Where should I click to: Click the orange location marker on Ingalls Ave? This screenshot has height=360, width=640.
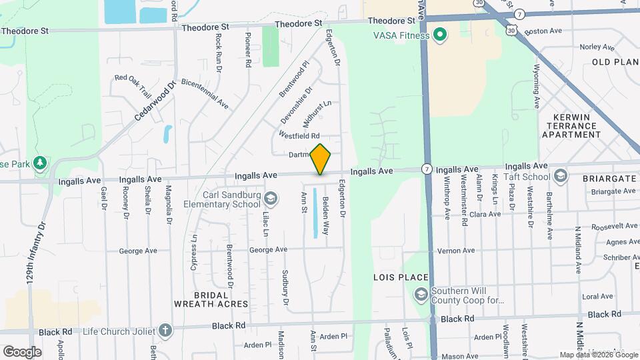pos(321,159)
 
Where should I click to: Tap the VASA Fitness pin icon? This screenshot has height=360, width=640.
pos(439,34)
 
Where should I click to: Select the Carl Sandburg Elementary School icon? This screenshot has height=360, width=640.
pos(271,198)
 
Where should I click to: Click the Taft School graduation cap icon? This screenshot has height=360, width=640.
pos(561,177)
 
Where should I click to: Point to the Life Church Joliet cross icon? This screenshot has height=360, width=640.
pos(165,330)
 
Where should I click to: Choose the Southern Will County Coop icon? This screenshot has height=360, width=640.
pos(421,294)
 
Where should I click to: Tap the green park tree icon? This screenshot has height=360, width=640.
pos(41,163)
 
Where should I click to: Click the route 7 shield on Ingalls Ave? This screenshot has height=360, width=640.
pos(426,169)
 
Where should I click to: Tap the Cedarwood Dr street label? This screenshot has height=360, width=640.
pos(154,100)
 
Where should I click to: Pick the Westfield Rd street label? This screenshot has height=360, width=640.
pos(299,135)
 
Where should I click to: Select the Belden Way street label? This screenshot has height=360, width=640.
pos(326,215)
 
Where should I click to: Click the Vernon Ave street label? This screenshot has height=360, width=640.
pos(456,251)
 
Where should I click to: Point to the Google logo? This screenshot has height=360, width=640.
pos(22,351)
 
